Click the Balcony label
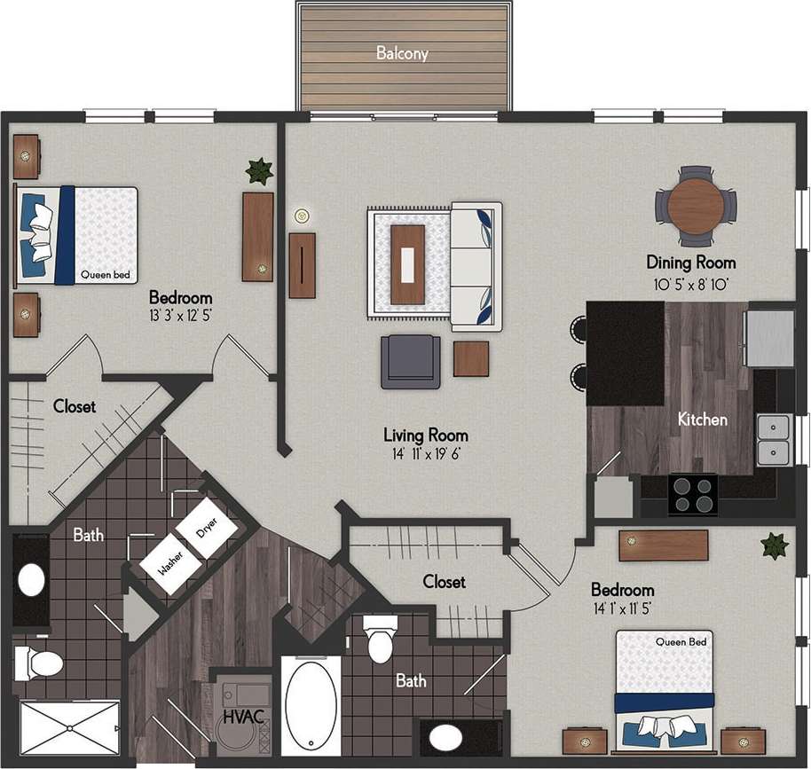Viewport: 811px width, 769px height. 402,53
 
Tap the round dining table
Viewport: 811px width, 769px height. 696,207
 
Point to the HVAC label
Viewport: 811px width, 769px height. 243,717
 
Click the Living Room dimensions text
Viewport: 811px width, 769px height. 425,454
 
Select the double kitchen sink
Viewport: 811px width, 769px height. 773,441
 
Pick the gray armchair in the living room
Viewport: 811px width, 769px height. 411,362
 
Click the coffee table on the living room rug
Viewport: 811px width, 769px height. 409,264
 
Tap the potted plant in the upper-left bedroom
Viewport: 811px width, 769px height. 259,170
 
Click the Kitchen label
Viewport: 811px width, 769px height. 703,419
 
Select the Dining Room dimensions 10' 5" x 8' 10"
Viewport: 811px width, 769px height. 690,284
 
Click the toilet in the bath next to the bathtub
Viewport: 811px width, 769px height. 382,640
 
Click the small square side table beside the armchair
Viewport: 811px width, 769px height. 470,358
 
